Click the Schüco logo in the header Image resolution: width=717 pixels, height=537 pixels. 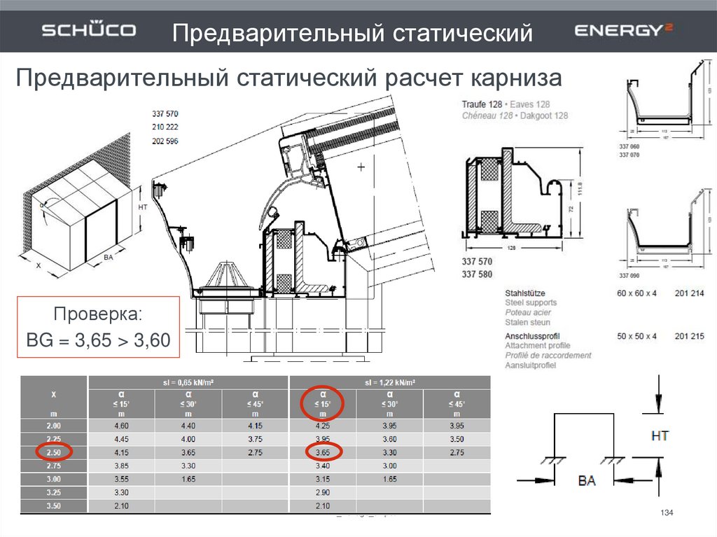point(89,31)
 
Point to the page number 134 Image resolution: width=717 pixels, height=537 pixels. point(667,515)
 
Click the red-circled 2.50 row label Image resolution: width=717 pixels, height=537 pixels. point(54,452)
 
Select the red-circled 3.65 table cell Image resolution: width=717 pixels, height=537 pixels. point(323,452)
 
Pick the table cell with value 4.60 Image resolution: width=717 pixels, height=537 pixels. point(120,426)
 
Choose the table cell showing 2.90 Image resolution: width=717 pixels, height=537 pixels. point(323,492)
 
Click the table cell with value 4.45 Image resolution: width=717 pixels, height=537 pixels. point(120,439)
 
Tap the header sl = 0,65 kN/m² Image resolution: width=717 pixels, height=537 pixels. point(188,382)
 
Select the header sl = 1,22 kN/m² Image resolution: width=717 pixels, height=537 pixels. point(390,382)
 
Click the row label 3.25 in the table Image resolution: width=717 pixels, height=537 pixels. point(54,492)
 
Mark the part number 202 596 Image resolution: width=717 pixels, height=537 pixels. point(165,141)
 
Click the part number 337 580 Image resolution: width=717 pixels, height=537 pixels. point(477,274)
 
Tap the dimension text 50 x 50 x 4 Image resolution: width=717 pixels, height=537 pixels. point(636,336)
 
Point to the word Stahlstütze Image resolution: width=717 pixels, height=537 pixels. point(525,292)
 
